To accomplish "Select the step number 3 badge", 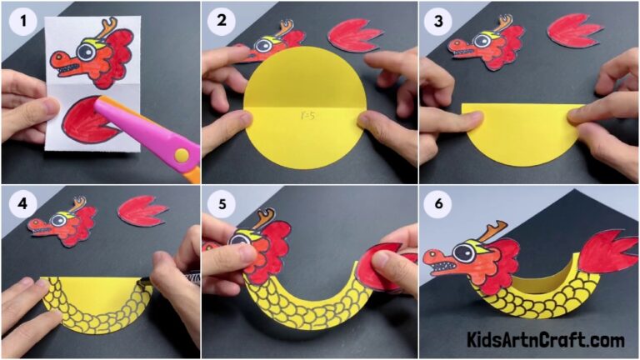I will click(439, 22).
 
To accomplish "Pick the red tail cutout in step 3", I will click(574, 31).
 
